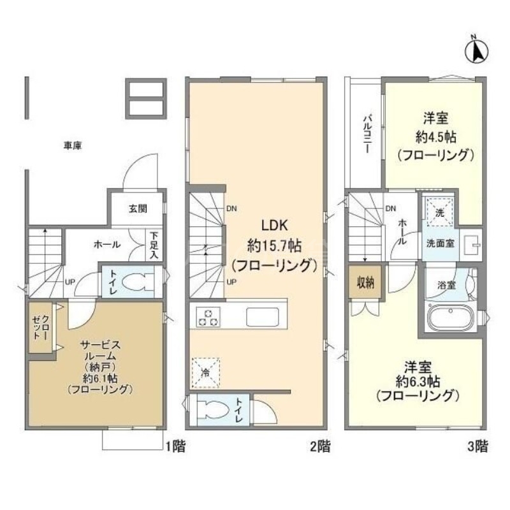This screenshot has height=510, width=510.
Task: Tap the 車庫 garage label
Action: click(73, 146)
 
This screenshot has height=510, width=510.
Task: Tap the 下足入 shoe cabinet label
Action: click(154, 245)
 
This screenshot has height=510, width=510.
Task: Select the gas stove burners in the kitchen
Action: click(208, 316)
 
